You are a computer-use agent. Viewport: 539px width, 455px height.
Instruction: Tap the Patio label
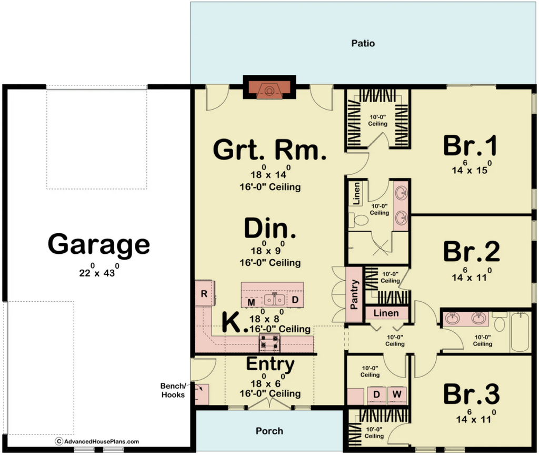click(363, 43)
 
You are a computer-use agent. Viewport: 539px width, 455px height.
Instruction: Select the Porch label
click(269, 431)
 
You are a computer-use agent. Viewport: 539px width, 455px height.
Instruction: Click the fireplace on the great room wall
click(269, 90)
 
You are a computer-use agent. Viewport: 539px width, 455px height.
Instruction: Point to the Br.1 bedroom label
click(470, 145)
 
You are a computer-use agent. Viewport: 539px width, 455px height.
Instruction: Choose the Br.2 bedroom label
click(471, 251)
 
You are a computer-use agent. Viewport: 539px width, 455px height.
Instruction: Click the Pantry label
click(354, 294)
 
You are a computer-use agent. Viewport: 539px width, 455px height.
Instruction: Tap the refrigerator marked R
click(205, 293)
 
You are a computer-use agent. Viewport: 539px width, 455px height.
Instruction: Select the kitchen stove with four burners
click(269, 343)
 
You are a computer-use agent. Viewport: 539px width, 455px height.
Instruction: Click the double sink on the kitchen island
click(275, 300)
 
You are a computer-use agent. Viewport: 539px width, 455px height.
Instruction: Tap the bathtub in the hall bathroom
click(521, 332)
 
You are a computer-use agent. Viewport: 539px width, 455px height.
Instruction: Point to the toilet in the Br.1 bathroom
click(358, 220)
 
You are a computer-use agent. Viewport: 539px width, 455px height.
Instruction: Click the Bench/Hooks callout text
click(173, 390)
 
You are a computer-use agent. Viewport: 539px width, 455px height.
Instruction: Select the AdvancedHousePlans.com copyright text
click(97, 442)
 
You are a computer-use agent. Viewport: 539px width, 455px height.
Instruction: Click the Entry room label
click(270, 364)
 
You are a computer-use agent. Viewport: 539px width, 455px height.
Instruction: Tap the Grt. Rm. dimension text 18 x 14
click(271, 172)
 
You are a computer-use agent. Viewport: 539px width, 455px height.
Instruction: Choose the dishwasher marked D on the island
click(295, 300)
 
